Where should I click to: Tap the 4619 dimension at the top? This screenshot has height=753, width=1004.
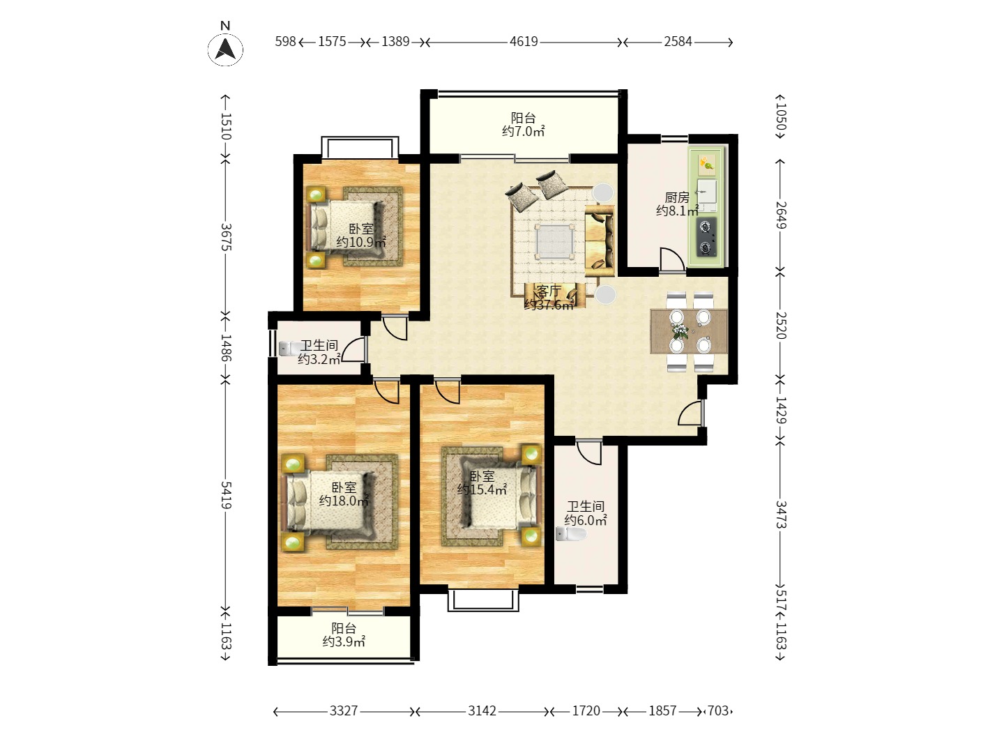point(524,42)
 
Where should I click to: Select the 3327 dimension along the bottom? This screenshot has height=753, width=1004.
point(344,710)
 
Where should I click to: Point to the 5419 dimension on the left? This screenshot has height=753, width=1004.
point(226,495)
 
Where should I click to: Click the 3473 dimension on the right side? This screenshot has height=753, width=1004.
point(780,515)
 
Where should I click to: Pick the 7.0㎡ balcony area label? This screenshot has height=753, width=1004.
point(524,132)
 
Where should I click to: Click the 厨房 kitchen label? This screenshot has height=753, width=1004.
point(677,197)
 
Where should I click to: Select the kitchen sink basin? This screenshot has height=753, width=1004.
point(707,190)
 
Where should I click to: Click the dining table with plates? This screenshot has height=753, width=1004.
point(689,331)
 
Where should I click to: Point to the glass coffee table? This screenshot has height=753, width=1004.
point(554,241)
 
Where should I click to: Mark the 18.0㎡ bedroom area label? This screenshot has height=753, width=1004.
point(344,501)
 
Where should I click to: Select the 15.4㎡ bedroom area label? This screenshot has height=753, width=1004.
point(482,489)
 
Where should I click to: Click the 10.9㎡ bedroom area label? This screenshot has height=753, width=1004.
point(361,242)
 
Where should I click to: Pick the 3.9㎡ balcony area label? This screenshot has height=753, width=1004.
point(344,641)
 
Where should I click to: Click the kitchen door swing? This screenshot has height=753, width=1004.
point(672,259)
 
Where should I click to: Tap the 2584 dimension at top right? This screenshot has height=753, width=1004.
point(678,42)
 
